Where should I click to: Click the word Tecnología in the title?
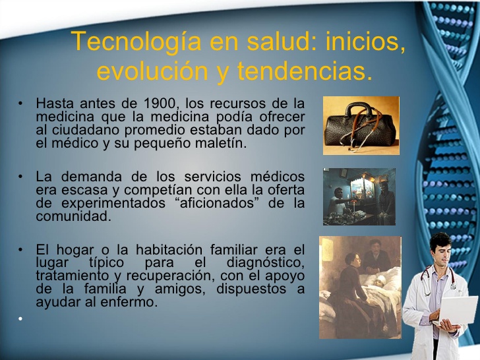(136, 42)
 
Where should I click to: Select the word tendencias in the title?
(305, 71)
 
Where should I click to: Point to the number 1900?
(161, 103)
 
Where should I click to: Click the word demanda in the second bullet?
(91, 177)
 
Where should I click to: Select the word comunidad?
(73, 216)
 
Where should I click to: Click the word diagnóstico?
(266, 262)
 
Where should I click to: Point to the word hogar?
(75, 251)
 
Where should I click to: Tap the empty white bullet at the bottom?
(20, 318)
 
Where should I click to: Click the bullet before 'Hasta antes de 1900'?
(20, 103)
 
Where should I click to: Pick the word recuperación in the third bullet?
(169, 276)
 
